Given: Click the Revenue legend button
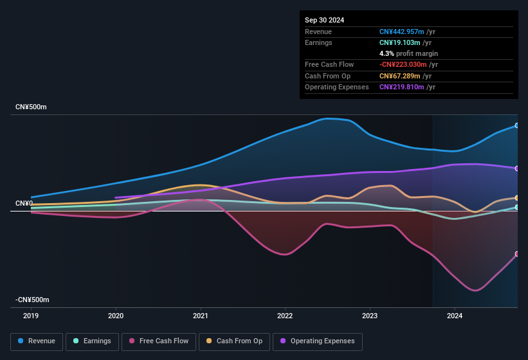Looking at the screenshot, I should tap(37, 341).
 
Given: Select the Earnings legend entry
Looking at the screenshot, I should tap(91, 341).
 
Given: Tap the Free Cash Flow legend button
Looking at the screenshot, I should tap(159, 341).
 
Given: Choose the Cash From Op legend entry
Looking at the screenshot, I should tap(234, 341).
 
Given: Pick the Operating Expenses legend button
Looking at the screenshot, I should tap(317, 341).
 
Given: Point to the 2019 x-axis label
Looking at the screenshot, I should tap(31, 316).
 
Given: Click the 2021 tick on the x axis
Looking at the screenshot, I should tap(201, 316).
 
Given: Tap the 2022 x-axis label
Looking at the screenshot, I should tap(285, 316).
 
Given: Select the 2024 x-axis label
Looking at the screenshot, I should tap(454, 316).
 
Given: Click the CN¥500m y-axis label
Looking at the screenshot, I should tap(32, 107).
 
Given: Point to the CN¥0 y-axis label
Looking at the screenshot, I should tap(24, 203).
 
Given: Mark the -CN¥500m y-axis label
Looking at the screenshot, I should tap(33, 300).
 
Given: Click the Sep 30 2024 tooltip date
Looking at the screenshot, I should tap(324, 20).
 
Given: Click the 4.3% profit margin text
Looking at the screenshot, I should tap(408, 53).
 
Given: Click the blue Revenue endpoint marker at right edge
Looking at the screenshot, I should tap(517, 126).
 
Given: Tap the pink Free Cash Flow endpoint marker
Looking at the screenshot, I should tap(517, 254).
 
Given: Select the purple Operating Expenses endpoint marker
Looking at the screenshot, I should tap(517, 168).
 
